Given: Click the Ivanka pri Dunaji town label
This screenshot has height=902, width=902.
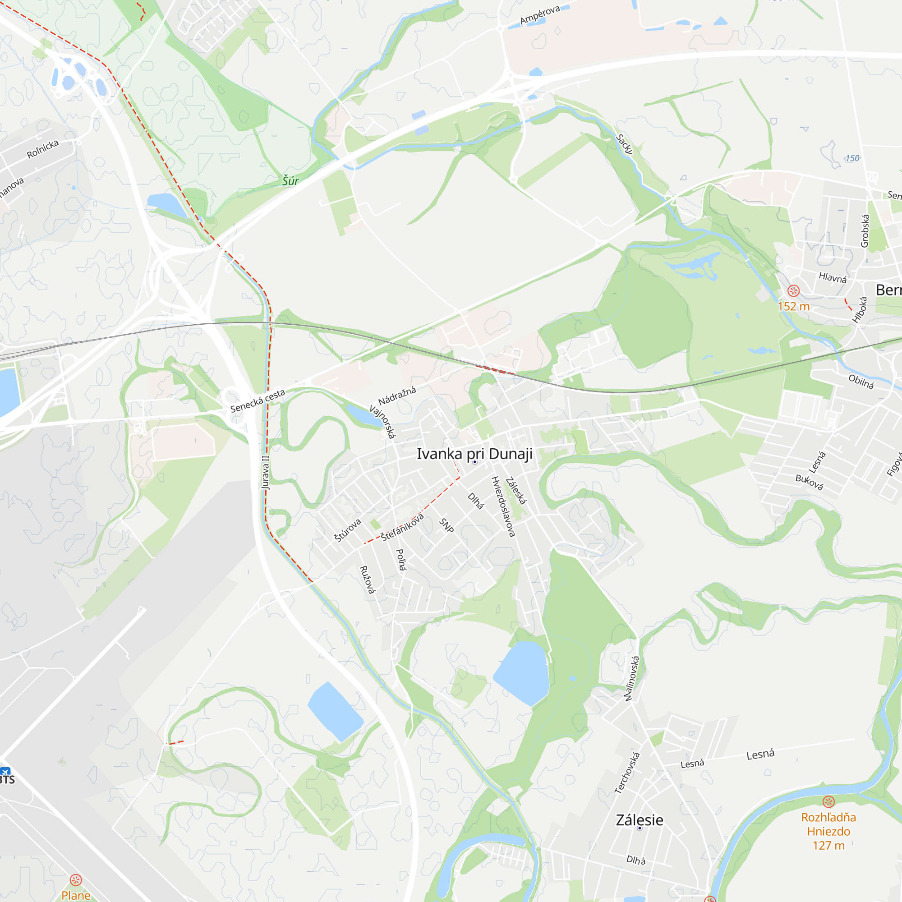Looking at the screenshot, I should click(x=474, y=454).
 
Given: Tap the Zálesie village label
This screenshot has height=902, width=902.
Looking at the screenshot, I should click(x=639, y=820).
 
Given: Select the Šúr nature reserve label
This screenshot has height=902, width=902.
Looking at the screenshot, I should click(x=290, y=181).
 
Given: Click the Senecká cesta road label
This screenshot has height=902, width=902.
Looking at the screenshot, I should click(x=257, y=401).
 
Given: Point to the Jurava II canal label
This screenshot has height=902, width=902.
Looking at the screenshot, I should click(x=266, y=472).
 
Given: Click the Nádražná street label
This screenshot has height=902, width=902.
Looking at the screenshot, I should click(x=397, y=396).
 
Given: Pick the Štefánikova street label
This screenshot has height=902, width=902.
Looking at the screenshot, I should click(x=402, y=527).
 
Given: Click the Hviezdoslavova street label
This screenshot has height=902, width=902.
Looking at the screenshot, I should click(x=503, y=506).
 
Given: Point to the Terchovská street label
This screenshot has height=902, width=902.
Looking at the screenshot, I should click(x=627, y=773).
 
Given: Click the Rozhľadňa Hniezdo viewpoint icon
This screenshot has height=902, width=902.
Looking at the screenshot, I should click(x=828, y=801).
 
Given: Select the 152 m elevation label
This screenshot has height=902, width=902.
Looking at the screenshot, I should click(x=794, y=306).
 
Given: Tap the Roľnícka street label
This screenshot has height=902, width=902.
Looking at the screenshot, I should click(x=42, y=149).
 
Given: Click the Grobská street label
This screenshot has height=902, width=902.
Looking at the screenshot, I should click(x=865, y=230).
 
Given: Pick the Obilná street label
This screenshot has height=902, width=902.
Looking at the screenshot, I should click(x=861, y=382).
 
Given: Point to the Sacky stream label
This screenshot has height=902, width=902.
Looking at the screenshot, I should click(x=624, y=144).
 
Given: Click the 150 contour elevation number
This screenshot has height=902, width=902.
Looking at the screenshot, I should click(x=852, y=158).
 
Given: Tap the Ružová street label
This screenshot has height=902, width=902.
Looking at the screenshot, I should click(x=368, y=580).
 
